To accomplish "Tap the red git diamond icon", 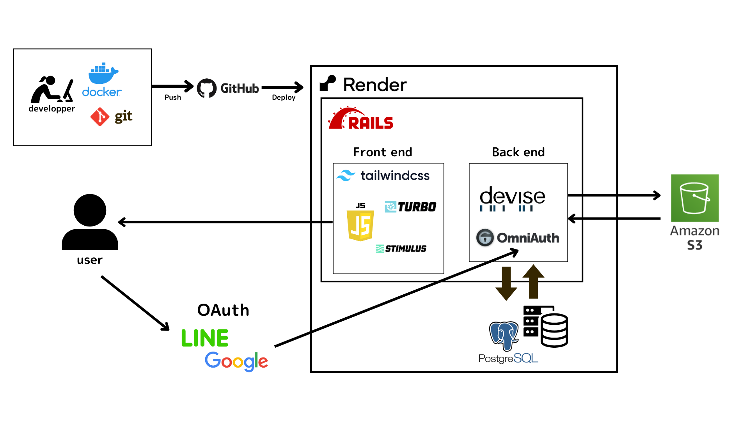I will click(100, 117).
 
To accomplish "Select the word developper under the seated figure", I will click(51, 109).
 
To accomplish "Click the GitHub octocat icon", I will click(207, 88).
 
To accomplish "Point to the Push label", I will click(172, 97).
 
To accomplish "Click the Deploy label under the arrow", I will click(284, 97).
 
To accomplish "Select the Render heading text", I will click(374, 85).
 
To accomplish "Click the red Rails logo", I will click(360, 119).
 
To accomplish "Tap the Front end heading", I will click(382, 152).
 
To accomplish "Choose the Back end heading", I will click(518, 152).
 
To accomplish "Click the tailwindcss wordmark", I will click(394, 175).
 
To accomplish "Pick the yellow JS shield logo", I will click(360, 225).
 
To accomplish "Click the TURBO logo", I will click(410, 207).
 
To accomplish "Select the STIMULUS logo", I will click(401, 249).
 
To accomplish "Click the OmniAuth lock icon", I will click(485, 237).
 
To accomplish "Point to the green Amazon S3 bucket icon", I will click(695, 198).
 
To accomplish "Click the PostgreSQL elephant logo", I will click(504, 336).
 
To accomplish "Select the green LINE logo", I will click(205, 338).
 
